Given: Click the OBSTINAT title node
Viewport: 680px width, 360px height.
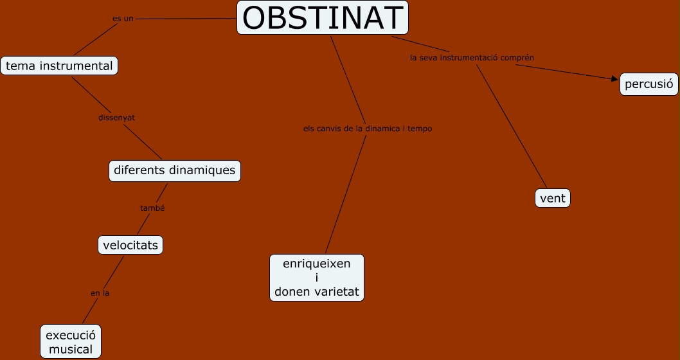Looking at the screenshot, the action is (323, 18).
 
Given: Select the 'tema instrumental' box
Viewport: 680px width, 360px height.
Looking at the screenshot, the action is (59, 66).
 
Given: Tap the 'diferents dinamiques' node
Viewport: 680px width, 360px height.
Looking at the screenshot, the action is (175, 171).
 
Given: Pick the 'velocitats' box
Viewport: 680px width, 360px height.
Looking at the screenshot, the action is (130, 245).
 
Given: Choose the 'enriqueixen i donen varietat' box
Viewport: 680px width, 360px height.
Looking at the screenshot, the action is (317, 278).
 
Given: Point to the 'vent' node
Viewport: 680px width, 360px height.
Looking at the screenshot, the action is (553, 198).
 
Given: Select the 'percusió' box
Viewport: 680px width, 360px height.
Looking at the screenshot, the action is (649, 84).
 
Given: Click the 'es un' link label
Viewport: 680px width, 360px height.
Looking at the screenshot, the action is (123, 19).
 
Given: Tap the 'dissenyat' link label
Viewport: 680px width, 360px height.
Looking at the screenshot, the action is (116, 118).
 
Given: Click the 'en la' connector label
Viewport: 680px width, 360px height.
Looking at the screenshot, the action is (100, 293).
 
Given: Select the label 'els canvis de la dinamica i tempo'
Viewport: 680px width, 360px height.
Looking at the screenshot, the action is (368, 129).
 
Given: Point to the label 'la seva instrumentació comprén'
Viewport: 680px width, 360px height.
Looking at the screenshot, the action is (472, 57).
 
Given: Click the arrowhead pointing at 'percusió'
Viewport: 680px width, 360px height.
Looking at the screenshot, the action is (613, 79).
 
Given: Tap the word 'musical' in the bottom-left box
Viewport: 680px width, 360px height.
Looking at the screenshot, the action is (71, 350).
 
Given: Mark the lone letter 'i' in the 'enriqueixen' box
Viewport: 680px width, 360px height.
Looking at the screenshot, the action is (317, 278).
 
